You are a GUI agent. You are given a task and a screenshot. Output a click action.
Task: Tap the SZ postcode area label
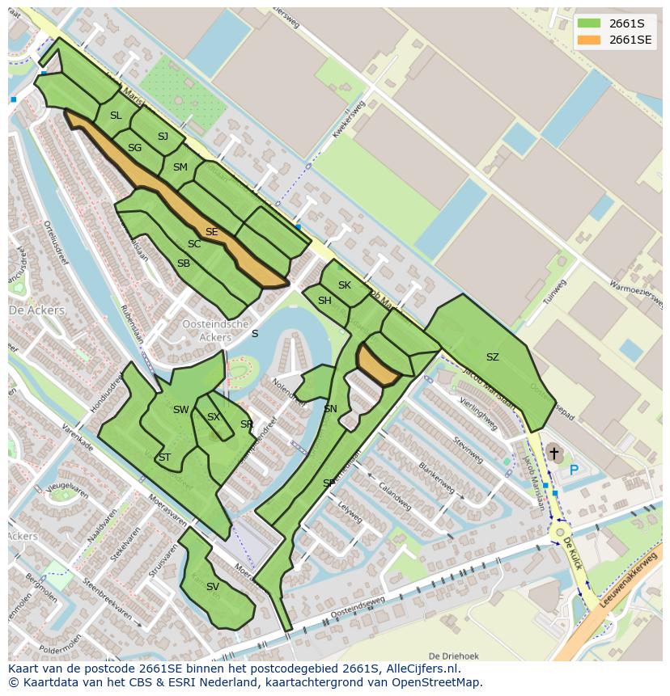click(x=492, y=357)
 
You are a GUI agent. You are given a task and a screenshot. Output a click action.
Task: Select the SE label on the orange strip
click(x=211, y=232)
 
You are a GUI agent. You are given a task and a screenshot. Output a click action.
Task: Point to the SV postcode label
click(x=212, y=587)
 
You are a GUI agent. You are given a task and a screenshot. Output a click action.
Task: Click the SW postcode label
click(x=180, y=410)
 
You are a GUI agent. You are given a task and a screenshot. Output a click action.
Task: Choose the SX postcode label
click(x=214, y=417)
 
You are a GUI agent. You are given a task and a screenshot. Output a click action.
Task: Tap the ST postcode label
click(x=164, y=458)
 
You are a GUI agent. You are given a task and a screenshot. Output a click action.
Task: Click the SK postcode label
click(x=345, y=285)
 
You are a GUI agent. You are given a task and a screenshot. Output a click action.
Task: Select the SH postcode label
click(x=324, y=301)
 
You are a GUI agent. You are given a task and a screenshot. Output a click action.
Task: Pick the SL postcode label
click(x=116, y=116)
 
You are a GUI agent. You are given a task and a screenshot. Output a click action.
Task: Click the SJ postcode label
click(x=163, y=137)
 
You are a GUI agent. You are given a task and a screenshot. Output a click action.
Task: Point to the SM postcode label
click(x=180, y=167)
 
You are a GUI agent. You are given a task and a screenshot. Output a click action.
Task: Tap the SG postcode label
click(x=134, y=148)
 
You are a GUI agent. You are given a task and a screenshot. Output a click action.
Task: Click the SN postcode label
click(x=330, y=409)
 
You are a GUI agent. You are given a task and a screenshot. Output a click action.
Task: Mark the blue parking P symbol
click(x=574, y=470)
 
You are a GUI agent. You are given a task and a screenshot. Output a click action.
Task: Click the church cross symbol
click(x=553, y=454)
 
